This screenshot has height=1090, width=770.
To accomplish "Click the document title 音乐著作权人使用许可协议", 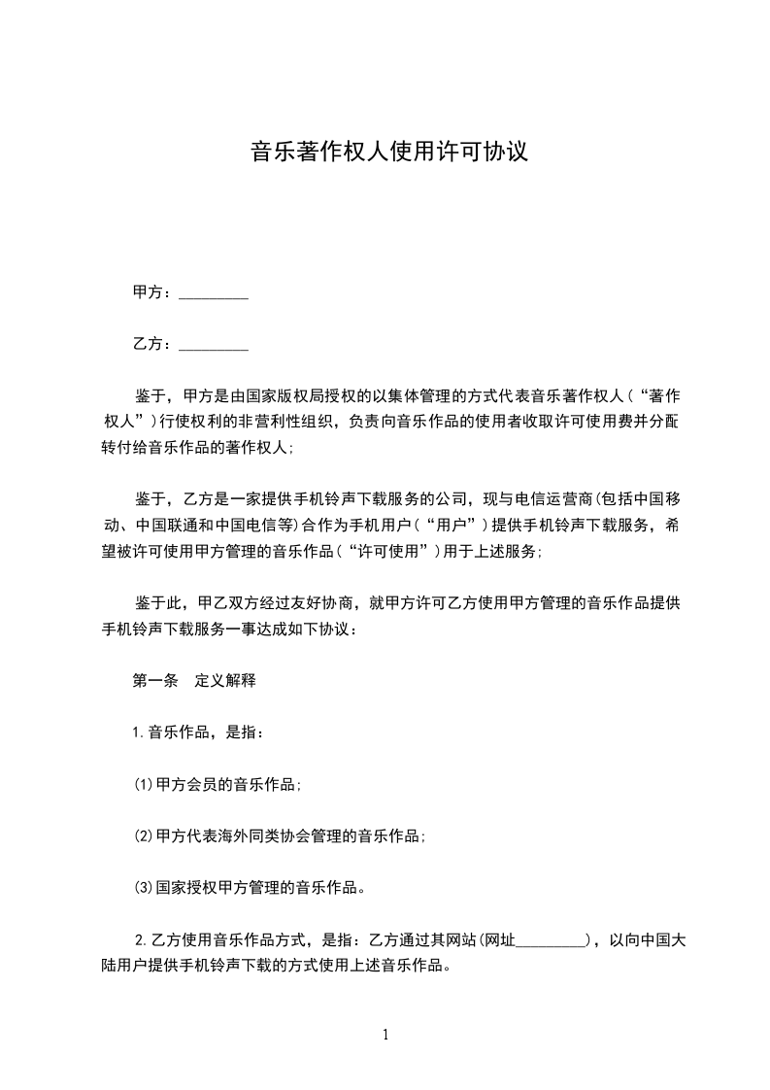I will (388, 152).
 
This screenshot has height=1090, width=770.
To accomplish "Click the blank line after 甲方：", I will (214, 293).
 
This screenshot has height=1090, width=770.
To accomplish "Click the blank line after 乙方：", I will (214, 345).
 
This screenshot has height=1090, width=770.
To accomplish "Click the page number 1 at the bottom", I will (385, 1035).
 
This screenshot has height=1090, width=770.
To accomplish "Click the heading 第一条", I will (154, 681).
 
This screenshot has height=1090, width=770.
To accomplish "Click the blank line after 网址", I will (551, 940).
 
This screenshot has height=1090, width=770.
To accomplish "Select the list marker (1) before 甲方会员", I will (143, 784).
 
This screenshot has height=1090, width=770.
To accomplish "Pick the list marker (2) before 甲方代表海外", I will (143, 835).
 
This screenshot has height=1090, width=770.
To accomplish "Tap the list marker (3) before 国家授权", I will (143, 887).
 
